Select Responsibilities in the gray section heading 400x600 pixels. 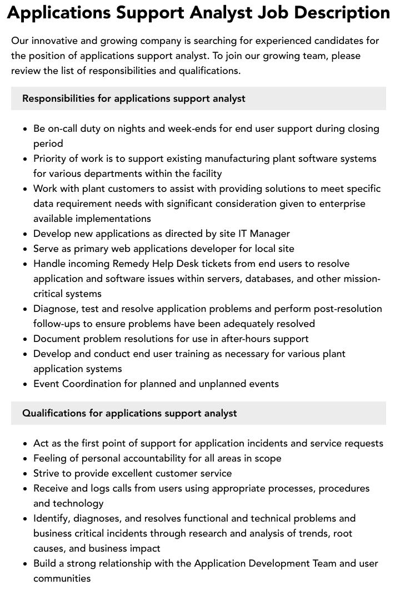[58, 98]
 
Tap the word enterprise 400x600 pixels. [341, 204]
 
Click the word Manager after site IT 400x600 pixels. [269, 234]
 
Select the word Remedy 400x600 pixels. [131, 264]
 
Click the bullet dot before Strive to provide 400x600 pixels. [25, 474]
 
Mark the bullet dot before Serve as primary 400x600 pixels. [25, 249]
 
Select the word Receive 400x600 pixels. [51, 488]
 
